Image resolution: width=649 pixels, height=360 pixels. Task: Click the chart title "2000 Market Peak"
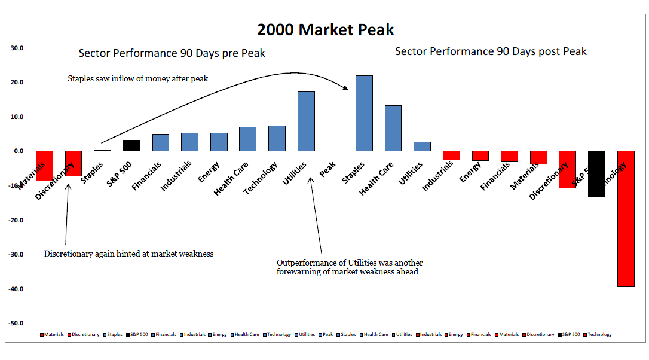pos(325,29)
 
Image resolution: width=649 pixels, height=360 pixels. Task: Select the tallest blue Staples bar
pos(364,113)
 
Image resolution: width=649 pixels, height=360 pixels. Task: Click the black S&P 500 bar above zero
pos(131,145)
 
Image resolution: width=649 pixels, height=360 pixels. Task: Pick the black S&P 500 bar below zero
pos(596,174)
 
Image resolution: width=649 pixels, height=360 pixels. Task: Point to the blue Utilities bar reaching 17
pos(306,121)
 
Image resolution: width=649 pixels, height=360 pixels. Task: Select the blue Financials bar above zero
pos(160,142)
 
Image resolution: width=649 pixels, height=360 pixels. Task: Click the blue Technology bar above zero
pos(277,138)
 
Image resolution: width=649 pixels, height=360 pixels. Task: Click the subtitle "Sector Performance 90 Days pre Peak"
pos(172,53)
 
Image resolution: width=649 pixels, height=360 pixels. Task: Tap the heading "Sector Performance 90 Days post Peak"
pos(491,51)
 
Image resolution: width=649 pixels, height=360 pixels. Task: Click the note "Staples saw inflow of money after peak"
pos(137,78)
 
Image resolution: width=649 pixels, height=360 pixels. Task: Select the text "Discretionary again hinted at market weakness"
pos(128,254)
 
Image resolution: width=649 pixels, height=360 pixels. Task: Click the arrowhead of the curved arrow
pos(345,88)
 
